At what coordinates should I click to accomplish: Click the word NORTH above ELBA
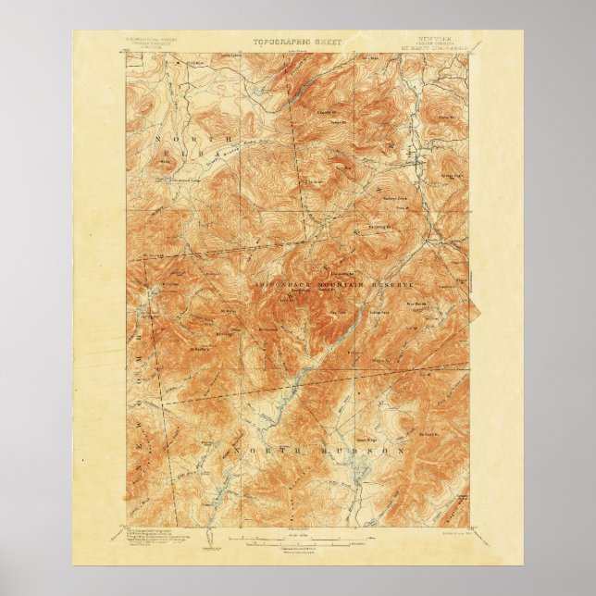[x=171, y=138]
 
